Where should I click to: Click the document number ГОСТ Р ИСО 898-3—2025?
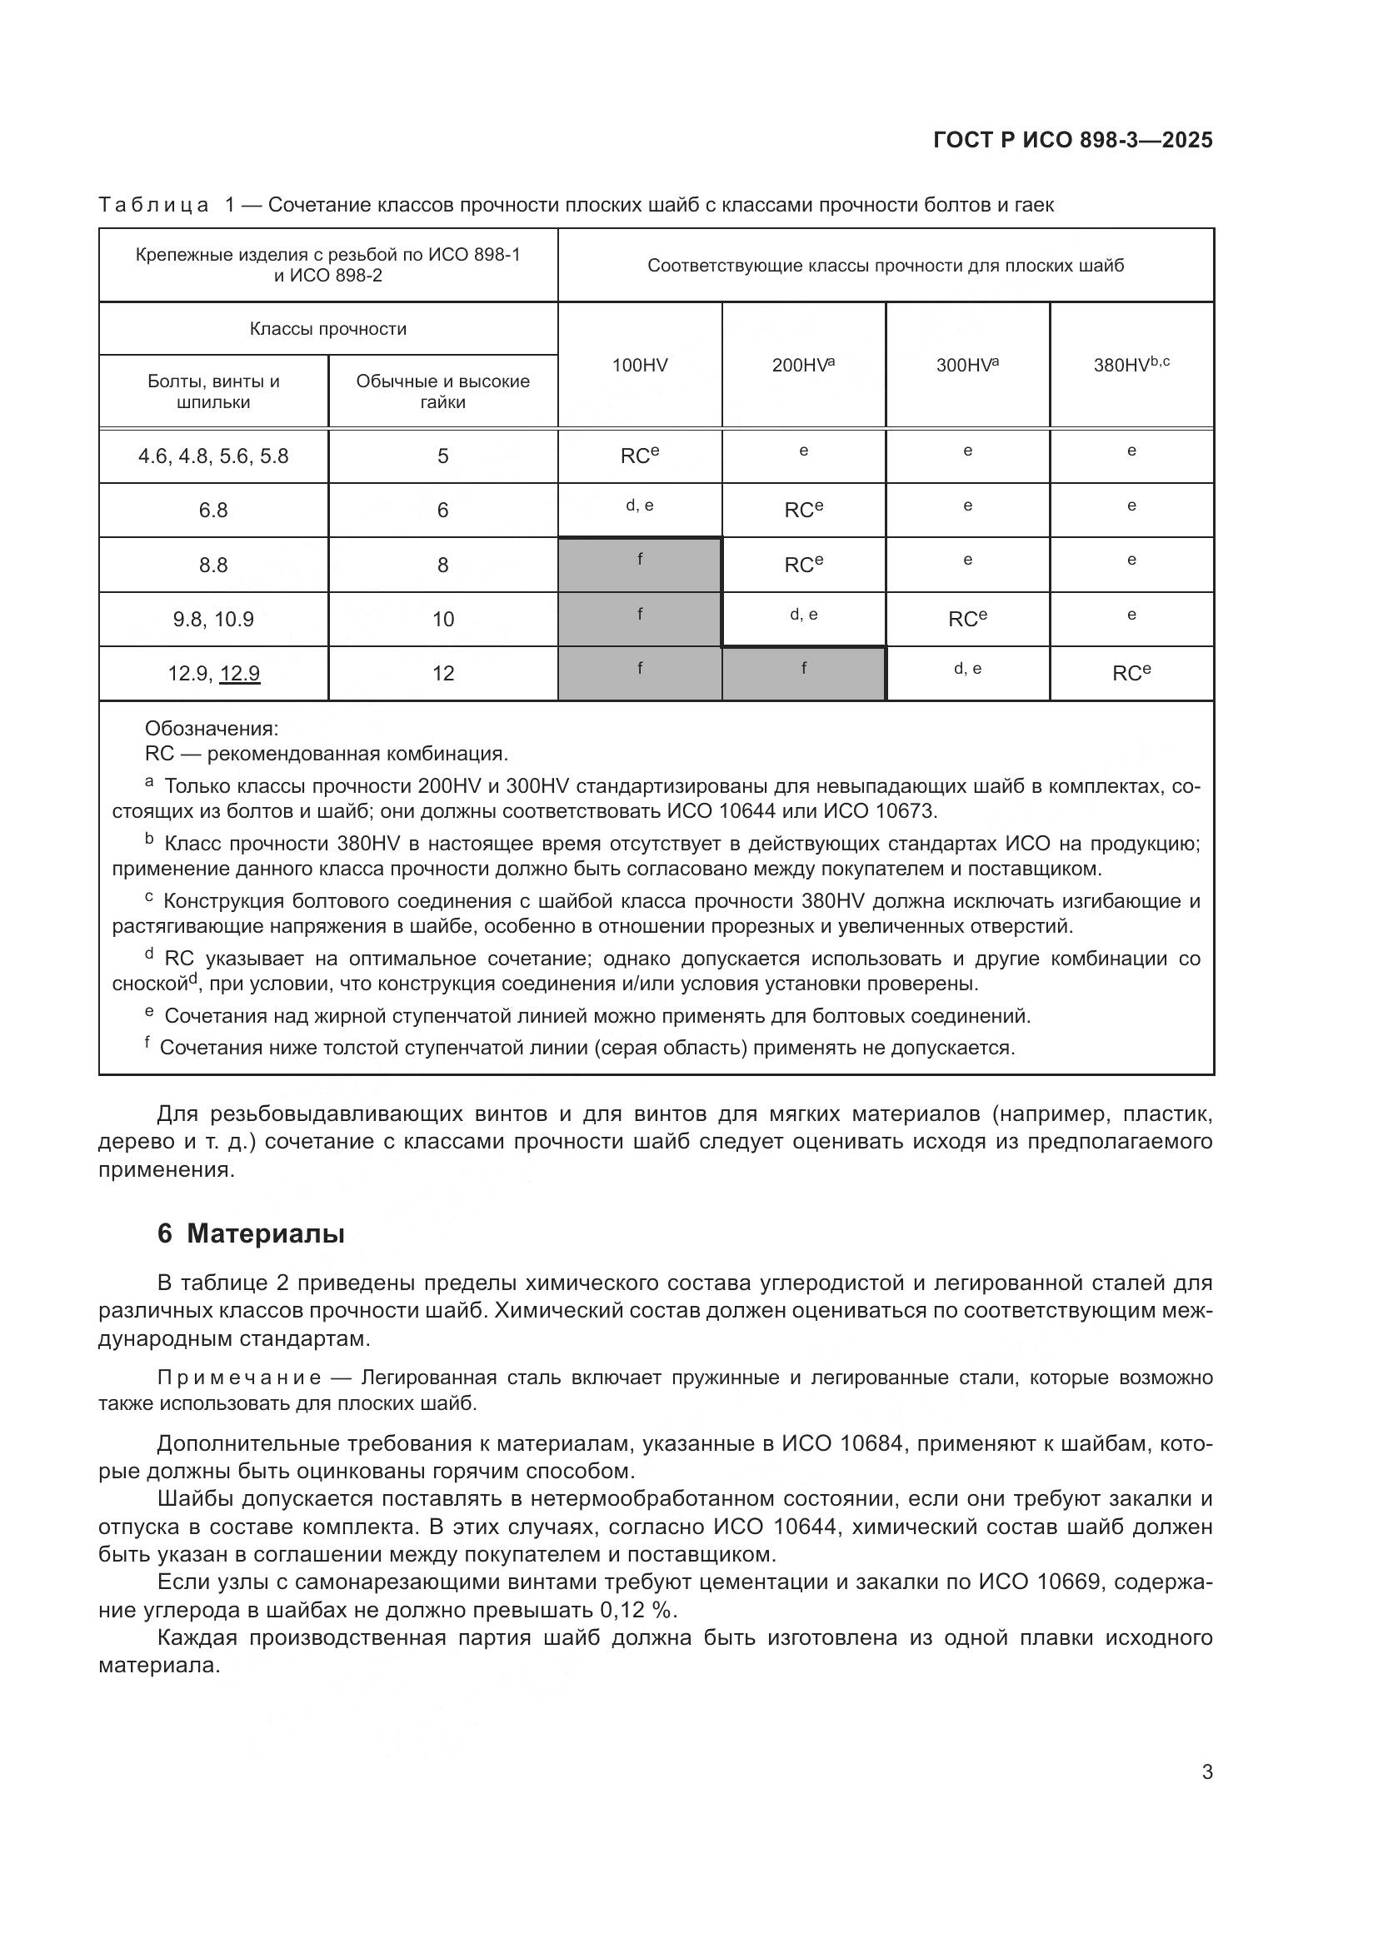tap(1072, 141)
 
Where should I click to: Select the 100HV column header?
tap(640, 366)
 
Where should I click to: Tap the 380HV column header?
tap(1131, 365)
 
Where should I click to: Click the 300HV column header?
tap(967, 365)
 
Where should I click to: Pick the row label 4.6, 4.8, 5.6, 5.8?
tap(213, 456)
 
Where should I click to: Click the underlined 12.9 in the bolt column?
tap(239, 674)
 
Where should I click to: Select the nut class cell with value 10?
tap(443, 620)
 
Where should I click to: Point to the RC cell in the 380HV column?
tap(1131, 674)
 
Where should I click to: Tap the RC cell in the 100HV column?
tap(640, 456)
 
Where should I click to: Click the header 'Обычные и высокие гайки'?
tap(443, 391)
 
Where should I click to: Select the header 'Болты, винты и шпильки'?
tap(213, 391)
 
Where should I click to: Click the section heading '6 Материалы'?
tap(251, 1234)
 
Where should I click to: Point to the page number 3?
tap(1206, 1772)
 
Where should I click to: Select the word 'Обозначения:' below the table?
tap(212, 729)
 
